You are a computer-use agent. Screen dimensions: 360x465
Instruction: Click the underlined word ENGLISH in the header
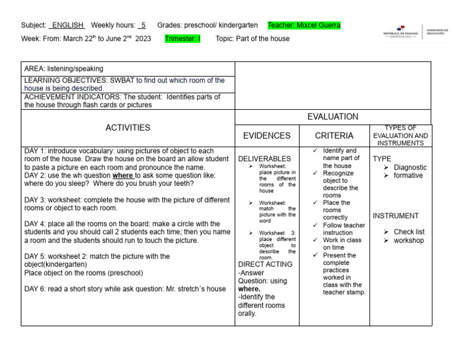[67, 25]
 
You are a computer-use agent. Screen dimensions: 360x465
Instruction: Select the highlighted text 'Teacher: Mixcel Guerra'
[304, 25]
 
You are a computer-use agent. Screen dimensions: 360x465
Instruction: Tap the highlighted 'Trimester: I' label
[182, 39]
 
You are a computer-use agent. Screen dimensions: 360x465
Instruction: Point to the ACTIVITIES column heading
[127, 128]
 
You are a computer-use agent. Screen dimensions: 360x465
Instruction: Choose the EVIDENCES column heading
[266, 136]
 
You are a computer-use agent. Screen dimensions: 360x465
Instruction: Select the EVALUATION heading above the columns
[332, 117]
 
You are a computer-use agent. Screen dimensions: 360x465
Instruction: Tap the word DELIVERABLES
[265, 159]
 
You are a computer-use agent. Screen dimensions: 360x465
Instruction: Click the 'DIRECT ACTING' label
[265, 264]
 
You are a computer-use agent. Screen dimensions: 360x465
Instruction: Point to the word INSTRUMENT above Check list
[395, 216]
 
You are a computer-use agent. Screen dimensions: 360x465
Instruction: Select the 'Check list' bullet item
[409, 232]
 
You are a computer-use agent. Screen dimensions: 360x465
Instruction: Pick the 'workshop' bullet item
[409, 241]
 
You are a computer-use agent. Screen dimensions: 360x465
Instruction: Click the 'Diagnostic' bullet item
[410, 167]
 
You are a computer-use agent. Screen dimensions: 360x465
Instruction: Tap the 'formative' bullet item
[408, 176]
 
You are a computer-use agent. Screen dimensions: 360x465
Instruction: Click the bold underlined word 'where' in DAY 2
[123, 175]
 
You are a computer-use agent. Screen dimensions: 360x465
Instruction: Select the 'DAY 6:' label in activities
[35, 289]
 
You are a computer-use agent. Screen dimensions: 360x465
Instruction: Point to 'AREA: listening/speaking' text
[64, 69]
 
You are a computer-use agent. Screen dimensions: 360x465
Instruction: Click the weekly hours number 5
[142, 25]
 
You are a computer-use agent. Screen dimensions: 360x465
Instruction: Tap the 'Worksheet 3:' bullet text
[277, 233]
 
